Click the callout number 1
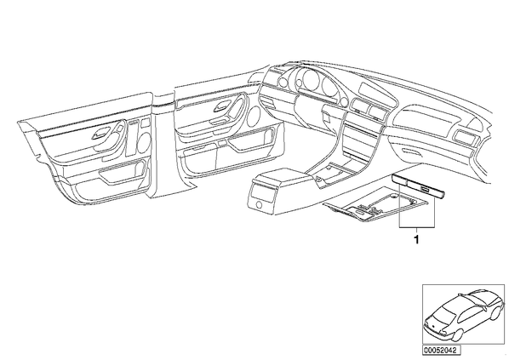tap(416, 240)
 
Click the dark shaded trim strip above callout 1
tap(419, 186)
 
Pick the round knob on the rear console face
tap(260, 204)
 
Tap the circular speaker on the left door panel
tap(143, 142)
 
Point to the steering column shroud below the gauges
tap(308, 111)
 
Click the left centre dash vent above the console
tap(357, 106)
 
